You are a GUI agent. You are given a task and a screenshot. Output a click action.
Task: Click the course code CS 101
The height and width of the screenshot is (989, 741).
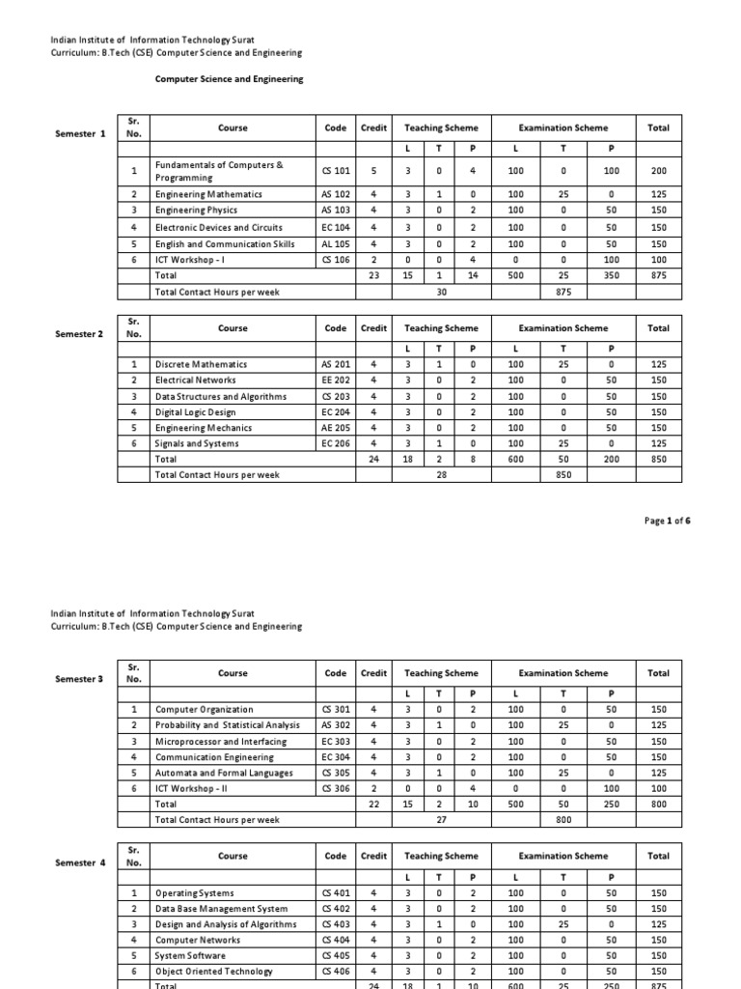pos(336,171)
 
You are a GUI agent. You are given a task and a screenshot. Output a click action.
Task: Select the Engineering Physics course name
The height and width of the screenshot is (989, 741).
pos(196,210)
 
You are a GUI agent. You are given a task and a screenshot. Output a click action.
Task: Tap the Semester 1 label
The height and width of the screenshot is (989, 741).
pos(81,133)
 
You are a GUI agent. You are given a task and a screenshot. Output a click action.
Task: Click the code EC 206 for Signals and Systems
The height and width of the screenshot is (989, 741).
pos(336,443)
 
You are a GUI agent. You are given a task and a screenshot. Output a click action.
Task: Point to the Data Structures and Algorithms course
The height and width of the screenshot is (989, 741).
pos(221,396)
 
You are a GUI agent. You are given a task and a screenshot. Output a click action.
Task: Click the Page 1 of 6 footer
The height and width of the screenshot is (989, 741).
pos(668,521)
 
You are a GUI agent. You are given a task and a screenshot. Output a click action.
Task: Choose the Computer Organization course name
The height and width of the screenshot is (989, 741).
pos(205,709)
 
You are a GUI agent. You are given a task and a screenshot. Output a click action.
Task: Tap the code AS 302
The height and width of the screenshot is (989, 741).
pos(336,724)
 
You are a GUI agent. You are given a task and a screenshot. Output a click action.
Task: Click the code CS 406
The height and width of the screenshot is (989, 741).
pos(336,971)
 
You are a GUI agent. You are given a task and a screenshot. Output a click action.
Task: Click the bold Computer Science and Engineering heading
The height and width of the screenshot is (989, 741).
pos(229,79)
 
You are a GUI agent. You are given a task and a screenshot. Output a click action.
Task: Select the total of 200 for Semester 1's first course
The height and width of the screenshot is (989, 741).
pos(659,171)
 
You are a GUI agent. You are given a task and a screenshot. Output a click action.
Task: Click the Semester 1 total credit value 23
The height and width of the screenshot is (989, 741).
pos(373,275)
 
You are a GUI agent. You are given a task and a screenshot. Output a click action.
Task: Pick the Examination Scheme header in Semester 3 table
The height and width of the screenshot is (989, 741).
pos(563,673)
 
